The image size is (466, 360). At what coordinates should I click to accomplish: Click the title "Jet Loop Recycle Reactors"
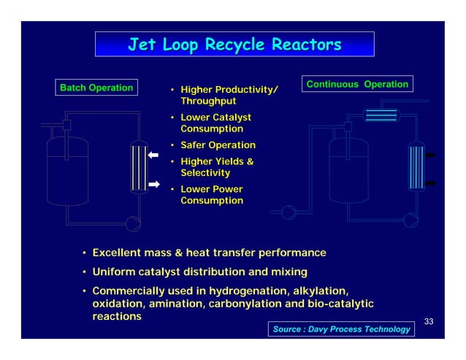tap(234, 45)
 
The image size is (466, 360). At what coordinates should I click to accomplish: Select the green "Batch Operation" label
tap(96, 88)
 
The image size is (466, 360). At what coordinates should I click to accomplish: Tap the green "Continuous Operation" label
tap(356, 84)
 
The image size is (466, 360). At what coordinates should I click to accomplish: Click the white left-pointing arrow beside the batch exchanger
tap(153, 156)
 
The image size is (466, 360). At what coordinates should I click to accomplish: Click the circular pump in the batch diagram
tap(133, 223)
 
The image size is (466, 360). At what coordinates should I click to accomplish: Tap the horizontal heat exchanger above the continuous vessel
tap(381, 115)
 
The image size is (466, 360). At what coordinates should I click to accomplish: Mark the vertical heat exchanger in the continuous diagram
tap(415, 167)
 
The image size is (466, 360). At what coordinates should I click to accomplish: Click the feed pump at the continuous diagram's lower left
tap(289, 213)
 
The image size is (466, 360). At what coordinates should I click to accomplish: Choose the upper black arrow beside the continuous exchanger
tap(431, 155)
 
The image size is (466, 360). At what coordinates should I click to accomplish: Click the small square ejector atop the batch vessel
tap(66, 125)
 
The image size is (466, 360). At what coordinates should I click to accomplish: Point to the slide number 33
tap(429, 321)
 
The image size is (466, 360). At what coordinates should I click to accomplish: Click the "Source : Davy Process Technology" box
tap(341, 329)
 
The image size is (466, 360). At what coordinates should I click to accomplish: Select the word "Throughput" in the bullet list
tap(206, 103)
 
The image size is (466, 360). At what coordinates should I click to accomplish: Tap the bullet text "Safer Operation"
tap(218, 145)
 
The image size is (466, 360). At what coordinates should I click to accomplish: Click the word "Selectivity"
tap(205, 173)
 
